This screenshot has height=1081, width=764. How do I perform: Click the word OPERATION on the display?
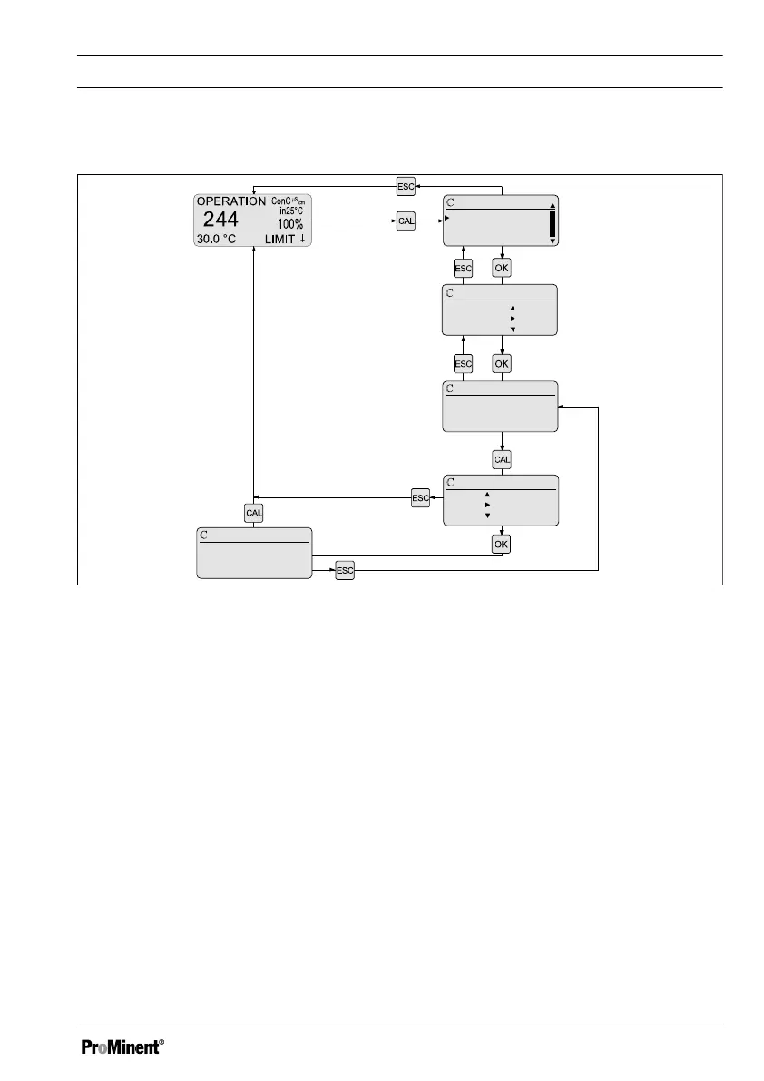tap(231, 201)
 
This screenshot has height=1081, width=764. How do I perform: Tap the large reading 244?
tap(220, 219)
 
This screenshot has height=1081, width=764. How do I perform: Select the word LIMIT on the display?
tap(279, 239)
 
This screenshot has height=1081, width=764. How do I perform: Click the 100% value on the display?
tap(290, 223)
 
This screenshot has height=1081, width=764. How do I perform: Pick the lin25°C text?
tap(290, 211)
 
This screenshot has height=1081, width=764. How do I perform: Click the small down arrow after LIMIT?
tap(302, 239)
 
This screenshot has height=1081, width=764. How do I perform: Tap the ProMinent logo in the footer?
tap(123, 1047)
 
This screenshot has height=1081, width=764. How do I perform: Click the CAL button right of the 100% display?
tap(406, 221)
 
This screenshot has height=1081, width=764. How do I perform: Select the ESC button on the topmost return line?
tap(406, 186)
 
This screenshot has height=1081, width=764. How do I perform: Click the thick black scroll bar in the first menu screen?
tap(553, 223)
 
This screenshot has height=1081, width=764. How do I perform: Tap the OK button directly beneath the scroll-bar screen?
tap(502, 268)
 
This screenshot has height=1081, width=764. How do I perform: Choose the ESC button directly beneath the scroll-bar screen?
tap(463, 268)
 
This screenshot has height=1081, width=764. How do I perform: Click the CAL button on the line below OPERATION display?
tap(254, 513)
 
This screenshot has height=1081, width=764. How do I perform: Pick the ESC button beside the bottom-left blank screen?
tap(345, 570)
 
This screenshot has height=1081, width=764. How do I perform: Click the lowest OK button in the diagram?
tap(502, 544)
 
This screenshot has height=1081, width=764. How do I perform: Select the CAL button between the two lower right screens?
tap(502, 460)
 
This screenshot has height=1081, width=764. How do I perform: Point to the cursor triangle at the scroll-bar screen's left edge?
tap(447, 218)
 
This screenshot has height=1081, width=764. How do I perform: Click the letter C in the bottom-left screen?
tap(204, 536)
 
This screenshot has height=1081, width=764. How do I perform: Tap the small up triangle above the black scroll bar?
tap(553, 205)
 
